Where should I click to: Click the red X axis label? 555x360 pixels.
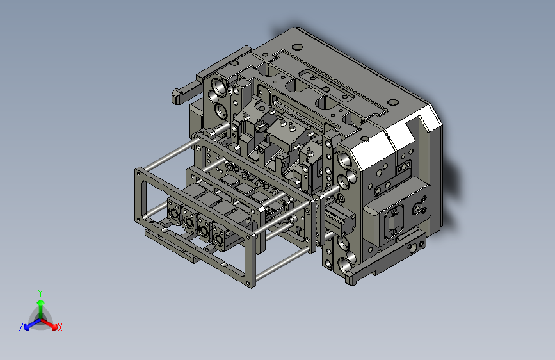[x=60, y=328]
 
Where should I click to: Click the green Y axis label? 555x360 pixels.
[x=40, y=292]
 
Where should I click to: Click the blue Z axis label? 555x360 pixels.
[x=21, y=327]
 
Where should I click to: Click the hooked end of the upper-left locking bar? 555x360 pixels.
[x=177, y=97]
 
